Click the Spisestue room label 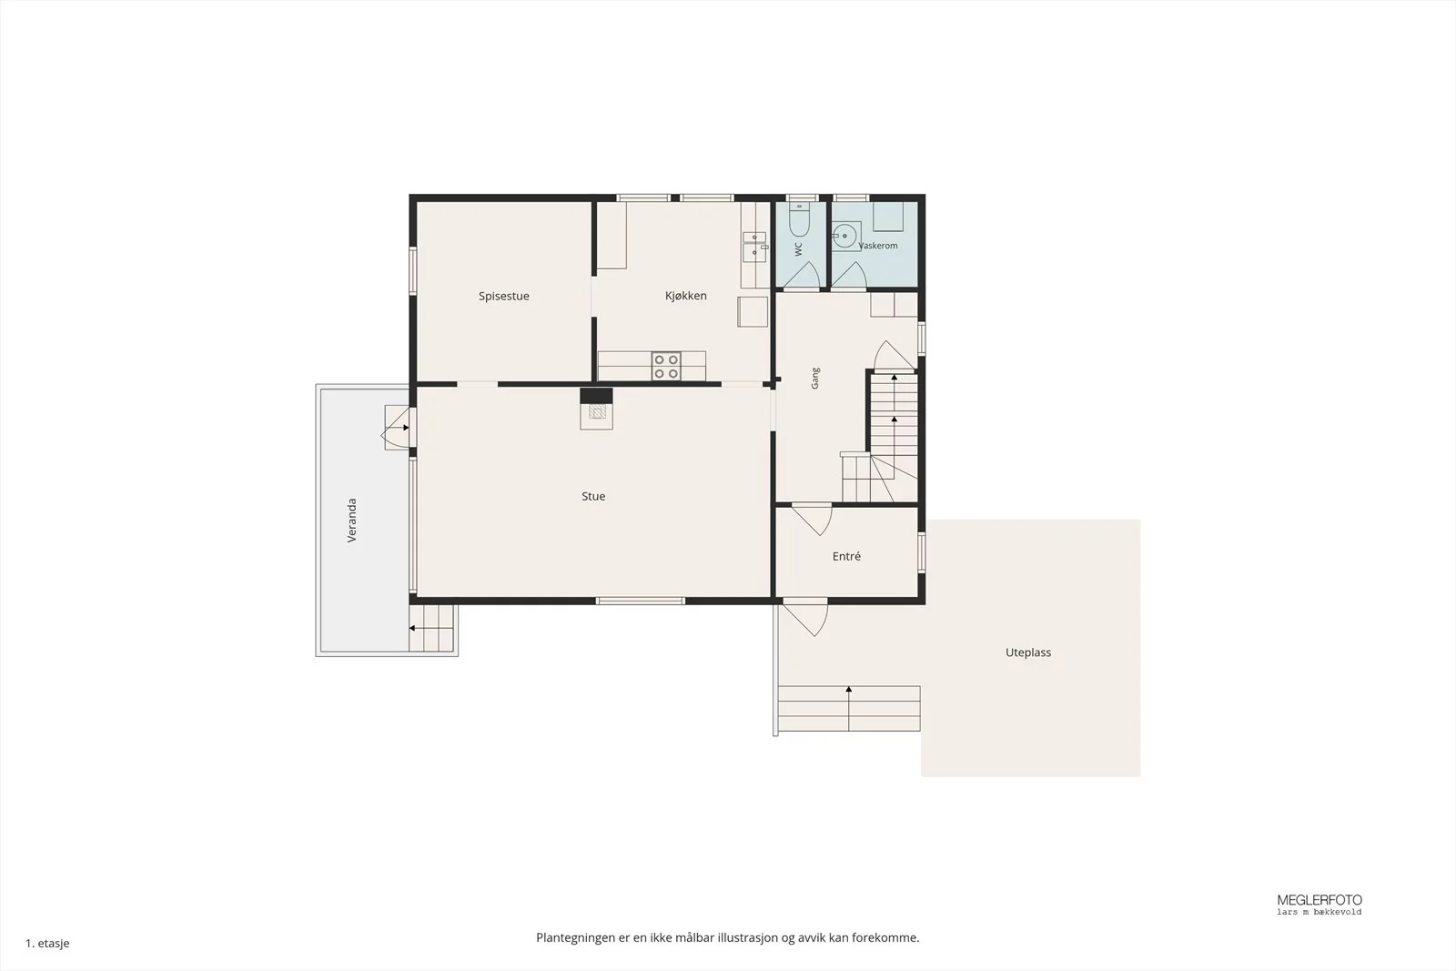504,297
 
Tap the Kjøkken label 686,296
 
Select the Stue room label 593,497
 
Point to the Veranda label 351,521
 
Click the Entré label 846,556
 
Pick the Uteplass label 1028,652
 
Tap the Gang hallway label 815,379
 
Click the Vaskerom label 878,246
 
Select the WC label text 798,249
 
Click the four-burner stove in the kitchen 666,366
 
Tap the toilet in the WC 800,219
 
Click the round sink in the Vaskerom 845,235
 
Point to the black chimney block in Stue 596,396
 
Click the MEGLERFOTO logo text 1319,900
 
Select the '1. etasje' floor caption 47,943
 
